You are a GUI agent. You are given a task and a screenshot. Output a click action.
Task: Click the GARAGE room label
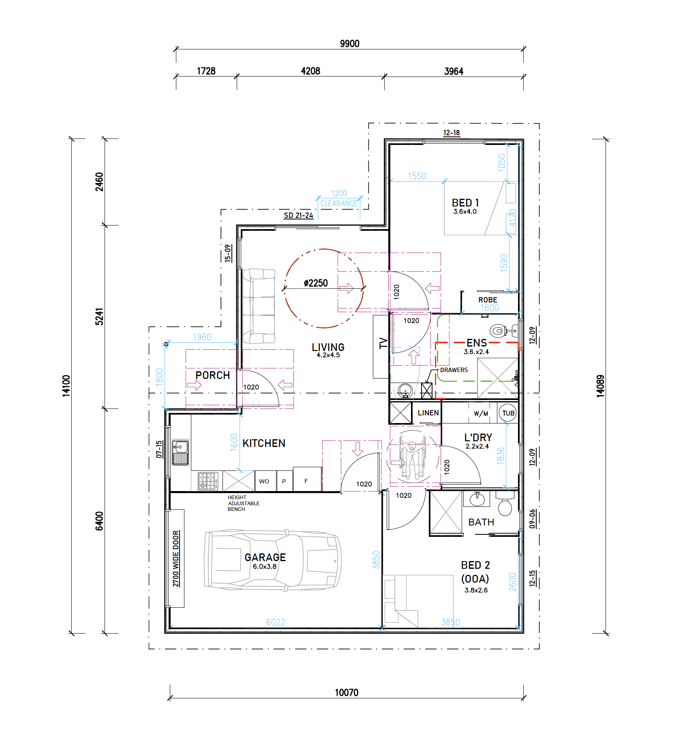(265, 557)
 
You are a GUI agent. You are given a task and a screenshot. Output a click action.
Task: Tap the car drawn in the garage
(272, 560)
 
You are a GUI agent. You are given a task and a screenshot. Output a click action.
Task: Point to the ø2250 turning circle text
(316, 283)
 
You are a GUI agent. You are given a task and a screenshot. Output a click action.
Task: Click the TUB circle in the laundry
(508, 413)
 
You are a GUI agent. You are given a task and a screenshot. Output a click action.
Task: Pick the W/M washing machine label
(481, 414)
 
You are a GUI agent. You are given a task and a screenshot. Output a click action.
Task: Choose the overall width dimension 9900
(349, 44)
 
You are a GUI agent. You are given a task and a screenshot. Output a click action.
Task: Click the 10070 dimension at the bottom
(347, 693)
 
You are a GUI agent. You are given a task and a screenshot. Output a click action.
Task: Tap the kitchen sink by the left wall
(180, 453)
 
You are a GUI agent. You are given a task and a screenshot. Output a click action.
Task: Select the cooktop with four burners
(208, 481)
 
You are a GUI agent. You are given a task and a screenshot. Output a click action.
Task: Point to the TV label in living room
(383, 343)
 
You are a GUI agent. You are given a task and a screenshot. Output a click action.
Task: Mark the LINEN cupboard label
(428, 413)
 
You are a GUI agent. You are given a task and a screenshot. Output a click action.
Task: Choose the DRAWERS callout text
(454, 370)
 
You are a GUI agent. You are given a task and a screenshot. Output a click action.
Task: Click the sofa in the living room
(259, 306)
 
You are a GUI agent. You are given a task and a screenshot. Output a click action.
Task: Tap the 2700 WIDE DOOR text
(176, 559)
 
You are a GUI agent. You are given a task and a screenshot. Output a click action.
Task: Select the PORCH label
(212, 375)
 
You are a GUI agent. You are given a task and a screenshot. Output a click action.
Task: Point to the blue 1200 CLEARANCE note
(339, 199)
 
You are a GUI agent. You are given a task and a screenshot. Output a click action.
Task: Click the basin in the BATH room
(477, 499)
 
